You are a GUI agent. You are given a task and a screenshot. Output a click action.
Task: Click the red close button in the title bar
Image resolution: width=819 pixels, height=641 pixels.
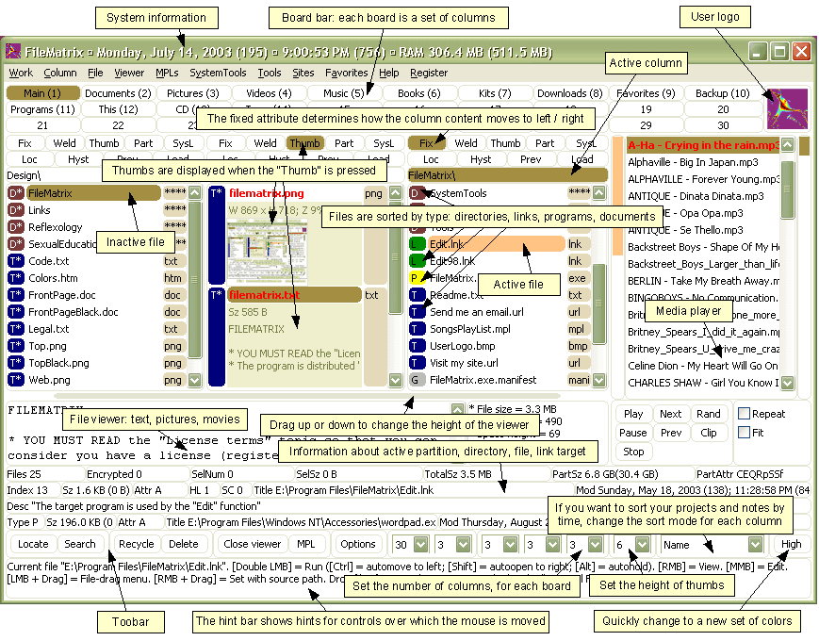801,52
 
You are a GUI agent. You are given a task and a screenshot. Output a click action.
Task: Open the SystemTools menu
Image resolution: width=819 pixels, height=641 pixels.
218,73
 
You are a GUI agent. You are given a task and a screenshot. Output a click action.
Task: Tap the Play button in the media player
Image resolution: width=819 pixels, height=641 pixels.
634,414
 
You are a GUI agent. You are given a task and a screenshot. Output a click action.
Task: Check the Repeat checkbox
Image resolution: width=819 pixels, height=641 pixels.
745,414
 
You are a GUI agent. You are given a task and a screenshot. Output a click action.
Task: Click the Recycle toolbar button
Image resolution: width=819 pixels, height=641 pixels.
136,544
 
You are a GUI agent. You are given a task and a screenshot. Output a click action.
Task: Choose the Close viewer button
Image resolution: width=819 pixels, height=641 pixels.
252,544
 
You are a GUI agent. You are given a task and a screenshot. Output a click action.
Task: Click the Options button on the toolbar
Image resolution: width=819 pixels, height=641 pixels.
358,544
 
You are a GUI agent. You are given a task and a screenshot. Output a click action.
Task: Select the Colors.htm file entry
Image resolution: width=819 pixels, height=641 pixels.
53,278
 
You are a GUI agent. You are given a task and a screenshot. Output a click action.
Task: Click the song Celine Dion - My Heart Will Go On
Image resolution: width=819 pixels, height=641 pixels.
702,366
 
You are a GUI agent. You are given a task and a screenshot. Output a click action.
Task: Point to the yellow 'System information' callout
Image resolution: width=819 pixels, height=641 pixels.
156,18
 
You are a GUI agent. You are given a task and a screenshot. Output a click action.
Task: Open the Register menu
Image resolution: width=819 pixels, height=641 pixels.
429,73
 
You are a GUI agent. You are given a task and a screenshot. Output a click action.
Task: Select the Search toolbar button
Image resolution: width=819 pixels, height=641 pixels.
80,544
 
